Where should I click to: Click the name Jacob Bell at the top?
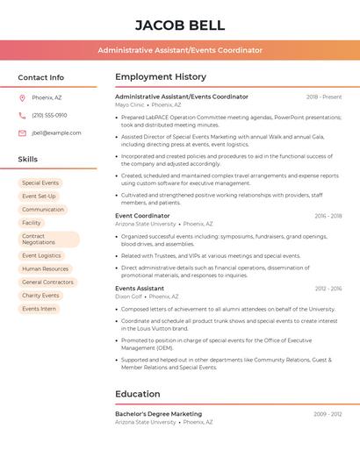tap(180, 25)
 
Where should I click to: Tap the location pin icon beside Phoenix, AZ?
tap(22, 97)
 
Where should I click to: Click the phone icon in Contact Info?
tap(22, 115)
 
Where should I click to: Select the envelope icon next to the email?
tap(22, 132)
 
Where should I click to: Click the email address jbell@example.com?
tap(56, 132)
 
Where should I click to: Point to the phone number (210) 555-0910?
tap(49, 115)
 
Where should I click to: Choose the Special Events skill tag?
tap(40, 182)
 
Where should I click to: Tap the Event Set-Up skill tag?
tap(39, 196)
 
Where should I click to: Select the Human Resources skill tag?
tap(45, 268)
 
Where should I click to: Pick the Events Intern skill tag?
tap(39, 309)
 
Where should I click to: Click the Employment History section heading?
tap(161, 77)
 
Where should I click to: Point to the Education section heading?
tap(138, 394)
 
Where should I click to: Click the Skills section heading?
tap(27, 159)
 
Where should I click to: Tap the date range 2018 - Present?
tap(324, 97)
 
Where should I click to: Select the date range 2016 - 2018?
tap(328, 216)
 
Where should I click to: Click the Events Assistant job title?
tap(140, 288)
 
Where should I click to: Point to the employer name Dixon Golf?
tap(129, 297)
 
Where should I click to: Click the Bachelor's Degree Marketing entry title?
tap(158, 413)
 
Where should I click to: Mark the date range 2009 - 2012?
tap(328, 413)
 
